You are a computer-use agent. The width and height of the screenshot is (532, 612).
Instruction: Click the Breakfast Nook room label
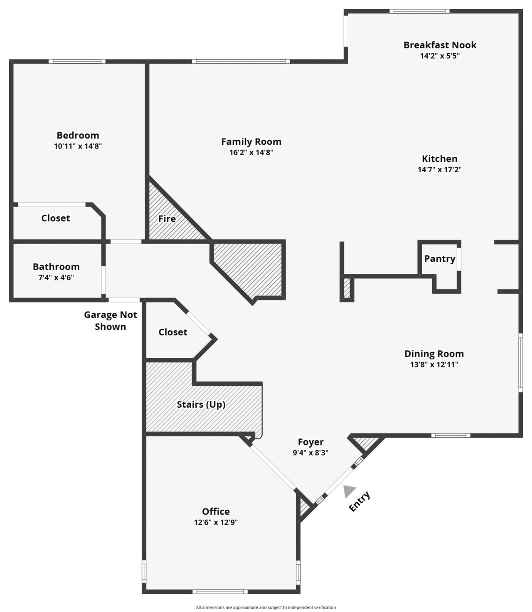coord(440,45)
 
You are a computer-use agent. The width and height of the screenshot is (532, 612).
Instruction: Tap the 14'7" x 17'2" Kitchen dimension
coord(439,170)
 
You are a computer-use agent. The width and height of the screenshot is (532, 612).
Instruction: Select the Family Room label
coord(251,142)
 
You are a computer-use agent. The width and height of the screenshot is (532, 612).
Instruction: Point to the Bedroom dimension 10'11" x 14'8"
coord(78,146)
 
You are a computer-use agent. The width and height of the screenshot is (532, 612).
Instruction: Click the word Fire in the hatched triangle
coord(167,219)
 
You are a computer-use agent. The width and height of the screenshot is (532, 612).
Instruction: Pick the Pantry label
coord(440,259)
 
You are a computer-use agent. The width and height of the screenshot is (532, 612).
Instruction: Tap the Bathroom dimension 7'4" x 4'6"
coord(56,278)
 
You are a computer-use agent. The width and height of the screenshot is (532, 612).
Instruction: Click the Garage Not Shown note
coord(111,321)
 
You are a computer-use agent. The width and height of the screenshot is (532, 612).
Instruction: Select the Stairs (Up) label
coord(201,405)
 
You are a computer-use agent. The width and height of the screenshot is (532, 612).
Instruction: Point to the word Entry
coord(360,502)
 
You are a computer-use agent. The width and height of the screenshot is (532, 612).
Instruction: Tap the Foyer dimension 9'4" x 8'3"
coord(310,453)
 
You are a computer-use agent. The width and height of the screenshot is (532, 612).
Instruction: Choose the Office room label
coord(216,511)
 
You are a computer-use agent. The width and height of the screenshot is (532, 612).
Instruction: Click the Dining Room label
coord(434,354)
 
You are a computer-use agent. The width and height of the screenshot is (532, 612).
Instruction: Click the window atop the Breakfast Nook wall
coord(419,11)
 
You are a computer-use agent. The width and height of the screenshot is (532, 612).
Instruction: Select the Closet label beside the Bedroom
coord(56,218)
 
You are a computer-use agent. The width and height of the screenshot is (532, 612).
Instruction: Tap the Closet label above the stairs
coord(172,332)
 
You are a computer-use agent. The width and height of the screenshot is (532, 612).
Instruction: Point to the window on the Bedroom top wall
coord(77,61)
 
